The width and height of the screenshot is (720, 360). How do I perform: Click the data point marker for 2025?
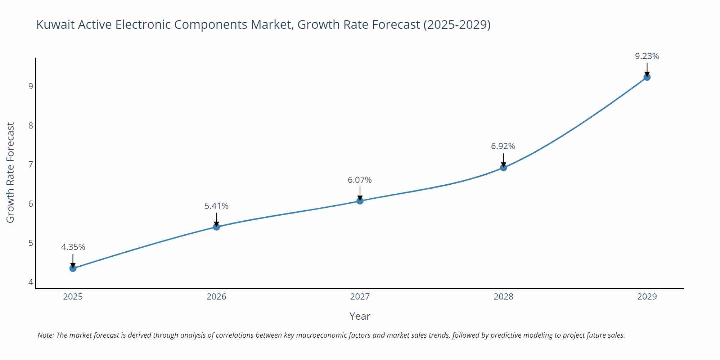pos(73,268)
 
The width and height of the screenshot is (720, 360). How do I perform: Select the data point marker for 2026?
pos(216,227)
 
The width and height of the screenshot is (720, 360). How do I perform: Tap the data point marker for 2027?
pos(360,201)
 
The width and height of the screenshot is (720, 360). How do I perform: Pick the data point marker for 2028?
pos(503,167)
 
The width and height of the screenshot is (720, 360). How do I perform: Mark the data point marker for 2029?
pos(647,77)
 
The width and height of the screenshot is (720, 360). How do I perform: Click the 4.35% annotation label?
pos(73,247)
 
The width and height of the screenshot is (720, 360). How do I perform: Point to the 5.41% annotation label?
pos(216,206)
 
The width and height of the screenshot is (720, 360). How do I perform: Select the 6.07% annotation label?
pos(360,180)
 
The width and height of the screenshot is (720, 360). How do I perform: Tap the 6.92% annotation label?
pos(503,146)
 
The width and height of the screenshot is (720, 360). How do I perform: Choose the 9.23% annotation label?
pos(647,56)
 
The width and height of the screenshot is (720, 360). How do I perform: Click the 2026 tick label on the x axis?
pos(216,297)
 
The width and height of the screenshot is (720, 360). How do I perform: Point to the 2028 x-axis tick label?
pos(503,297)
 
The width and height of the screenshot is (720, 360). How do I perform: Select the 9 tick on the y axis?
pos(31,86)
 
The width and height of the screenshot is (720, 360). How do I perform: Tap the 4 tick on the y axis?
pos(31,282)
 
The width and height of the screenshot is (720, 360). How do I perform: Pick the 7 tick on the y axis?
pos(31,165)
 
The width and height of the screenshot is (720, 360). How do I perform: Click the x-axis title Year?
pos(360,316)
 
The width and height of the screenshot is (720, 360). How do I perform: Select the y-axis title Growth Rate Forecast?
pos(10,172)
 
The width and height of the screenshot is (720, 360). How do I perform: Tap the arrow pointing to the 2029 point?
pos(647,69)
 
